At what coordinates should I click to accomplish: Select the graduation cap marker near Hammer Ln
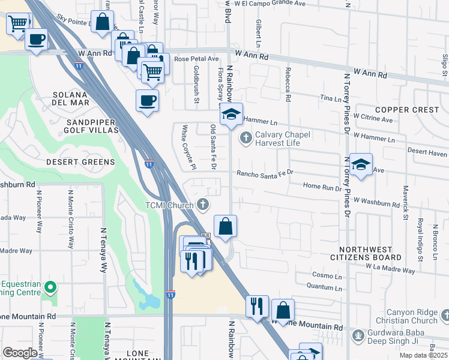pos(231,115)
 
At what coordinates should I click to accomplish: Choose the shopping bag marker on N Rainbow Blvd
pos(225,227)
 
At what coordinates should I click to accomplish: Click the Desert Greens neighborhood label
pos(80,162)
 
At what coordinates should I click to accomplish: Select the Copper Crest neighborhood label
pos(406,110)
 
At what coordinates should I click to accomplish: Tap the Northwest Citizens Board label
pos(370,253)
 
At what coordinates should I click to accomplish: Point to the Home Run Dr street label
pos(322,187)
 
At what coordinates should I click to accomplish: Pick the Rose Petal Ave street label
pos(196,59)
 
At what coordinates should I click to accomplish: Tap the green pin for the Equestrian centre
pos(50,288)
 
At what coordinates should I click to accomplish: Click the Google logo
pos(20,353)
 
